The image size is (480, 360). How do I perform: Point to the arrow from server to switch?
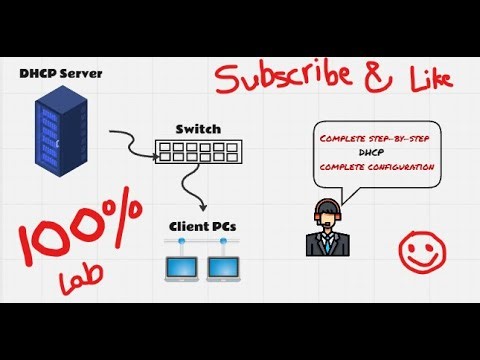pyautogui.click(x=128, y=138)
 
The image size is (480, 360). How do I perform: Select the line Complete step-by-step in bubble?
pyautogui.click(x=374, y=138)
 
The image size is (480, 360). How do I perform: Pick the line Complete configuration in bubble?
pyautogui.click(x=376, y=166)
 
